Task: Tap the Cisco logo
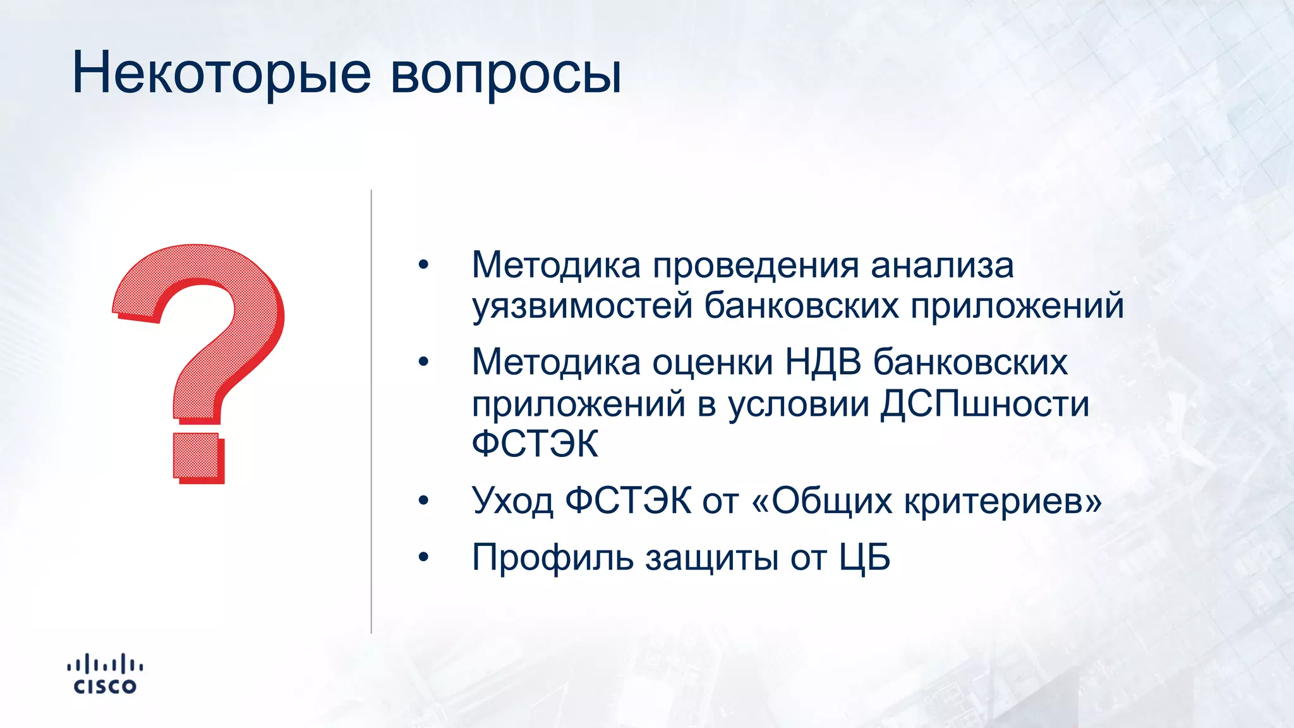[105, 674]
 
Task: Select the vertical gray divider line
[371, 411]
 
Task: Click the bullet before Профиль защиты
[423, 557]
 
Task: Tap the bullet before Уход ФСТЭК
[423, 500]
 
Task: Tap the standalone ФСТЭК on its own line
[535, 444]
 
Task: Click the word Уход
[512, 500]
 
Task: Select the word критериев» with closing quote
[1003, 500]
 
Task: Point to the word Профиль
[552, 557]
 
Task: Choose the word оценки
[712, 363]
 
